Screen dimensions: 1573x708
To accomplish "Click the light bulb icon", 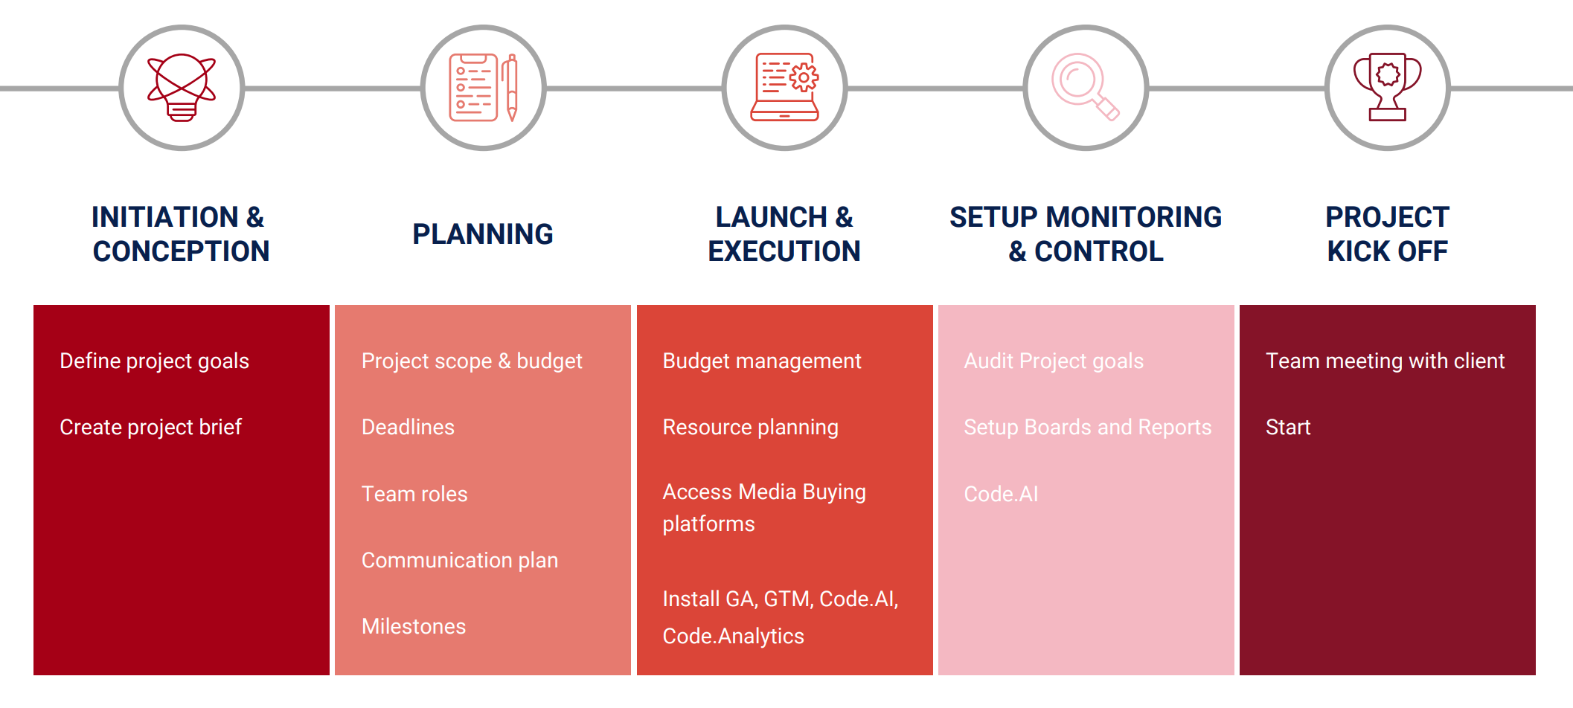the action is point(182,88).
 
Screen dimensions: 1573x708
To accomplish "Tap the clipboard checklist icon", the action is point(483,88).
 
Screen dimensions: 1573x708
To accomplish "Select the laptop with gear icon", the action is point(784,87).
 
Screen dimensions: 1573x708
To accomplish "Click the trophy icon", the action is point(1387,87).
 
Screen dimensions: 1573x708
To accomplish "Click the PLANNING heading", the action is point(483,234).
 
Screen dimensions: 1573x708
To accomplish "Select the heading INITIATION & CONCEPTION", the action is point(181,234).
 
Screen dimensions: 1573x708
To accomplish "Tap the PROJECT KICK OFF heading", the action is point(1387,234).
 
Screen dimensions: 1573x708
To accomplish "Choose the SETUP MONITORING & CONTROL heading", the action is point(1086,234).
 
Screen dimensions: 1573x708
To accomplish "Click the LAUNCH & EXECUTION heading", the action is point(784,234).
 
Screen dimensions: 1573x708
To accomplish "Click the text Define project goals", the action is point(154,361).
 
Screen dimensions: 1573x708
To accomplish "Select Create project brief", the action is point(150,428).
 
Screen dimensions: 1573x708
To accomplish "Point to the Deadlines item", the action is point(408,427).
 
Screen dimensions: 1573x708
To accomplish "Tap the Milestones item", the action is point(414,626).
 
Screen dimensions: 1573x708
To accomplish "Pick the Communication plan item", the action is point(460,560).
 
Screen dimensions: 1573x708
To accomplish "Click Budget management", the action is point(762,361).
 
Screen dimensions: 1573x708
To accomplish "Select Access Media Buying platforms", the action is point(764,508).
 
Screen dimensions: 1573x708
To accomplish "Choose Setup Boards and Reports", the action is point(1088,428).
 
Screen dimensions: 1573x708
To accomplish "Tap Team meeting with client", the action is point(1385,361).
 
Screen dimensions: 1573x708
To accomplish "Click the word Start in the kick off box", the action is point(1288,427).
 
